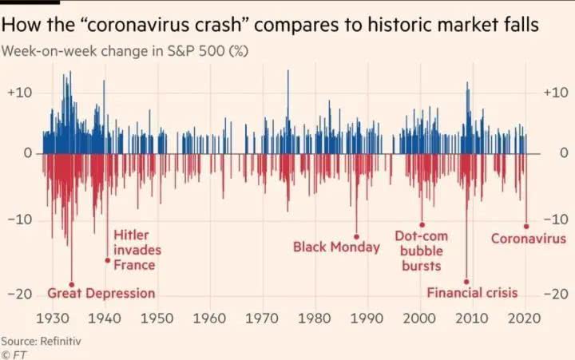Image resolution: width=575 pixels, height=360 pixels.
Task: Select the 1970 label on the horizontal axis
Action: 262,318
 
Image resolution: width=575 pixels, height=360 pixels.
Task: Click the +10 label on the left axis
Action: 20,93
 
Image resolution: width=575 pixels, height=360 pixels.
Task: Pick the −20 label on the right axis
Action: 555,294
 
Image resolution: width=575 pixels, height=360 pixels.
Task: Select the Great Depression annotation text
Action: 101,293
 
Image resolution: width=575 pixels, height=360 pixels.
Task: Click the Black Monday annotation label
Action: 336,247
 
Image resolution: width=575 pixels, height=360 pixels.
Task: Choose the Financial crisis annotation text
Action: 472,293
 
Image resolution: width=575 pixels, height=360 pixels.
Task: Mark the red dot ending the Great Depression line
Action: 72,284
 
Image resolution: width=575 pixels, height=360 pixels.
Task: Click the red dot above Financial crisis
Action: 467,281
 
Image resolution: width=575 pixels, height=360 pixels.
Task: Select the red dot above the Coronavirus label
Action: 526,227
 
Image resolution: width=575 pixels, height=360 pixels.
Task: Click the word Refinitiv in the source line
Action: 63,340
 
